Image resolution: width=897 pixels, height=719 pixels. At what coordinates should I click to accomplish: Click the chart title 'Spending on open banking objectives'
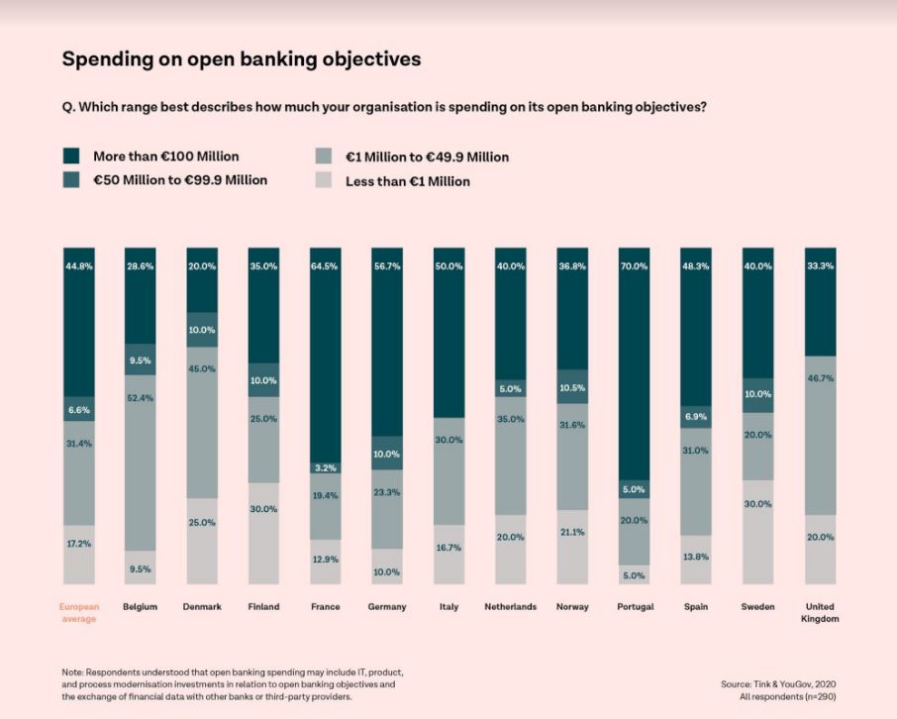point(242,59)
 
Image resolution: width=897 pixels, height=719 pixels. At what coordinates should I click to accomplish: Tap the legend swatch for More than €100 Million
point(71,156)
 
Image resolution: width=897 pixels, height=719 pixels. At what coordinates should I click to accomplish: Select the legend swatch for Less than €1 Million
point(324,181)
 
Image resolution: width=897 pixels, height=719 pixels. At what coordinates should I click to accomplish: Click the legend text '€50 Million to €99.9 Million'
point(180,180)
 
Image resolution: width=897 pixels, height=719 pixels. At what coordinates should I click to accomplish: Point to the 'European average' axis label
point(79,612)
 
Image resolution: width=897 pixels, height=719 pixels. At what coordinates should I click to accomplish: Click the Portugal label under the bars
point(635,606)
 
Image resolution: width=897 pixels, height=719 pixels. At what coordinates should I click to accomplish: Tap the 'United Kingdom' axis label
point(820,612)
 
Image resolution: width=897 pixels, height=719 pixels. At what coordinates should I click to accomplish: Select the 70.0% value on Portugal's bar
point(635,266)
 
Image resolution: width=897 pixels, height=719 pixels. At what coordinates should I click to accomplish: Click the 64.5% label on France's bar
point(325,266)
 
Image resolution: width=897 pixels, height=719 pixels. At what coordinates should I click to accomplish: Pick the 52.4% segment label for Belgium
point(141,398)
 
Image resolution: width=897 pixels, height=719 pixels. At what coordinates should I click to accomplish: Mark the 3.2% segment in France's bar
point(325,467)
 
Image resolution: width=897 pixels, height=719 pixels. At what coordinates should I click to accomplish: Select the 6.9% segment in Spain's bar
point(696,417)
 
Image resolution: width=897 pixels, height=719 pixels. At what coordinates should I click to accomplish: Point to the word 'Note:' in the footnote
point(74,672)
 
